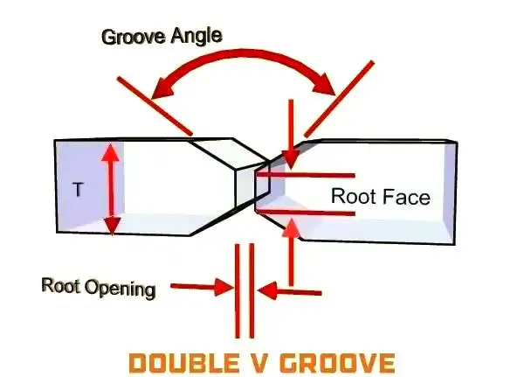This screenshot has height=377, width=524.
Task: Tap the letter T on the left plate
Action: (x=78, y=188)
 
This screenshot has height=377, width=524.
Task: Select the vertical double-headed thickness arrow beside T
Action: (x=110, y=189)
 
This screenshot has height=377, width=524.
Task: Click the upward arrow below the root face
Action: (x=293, y=254)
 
